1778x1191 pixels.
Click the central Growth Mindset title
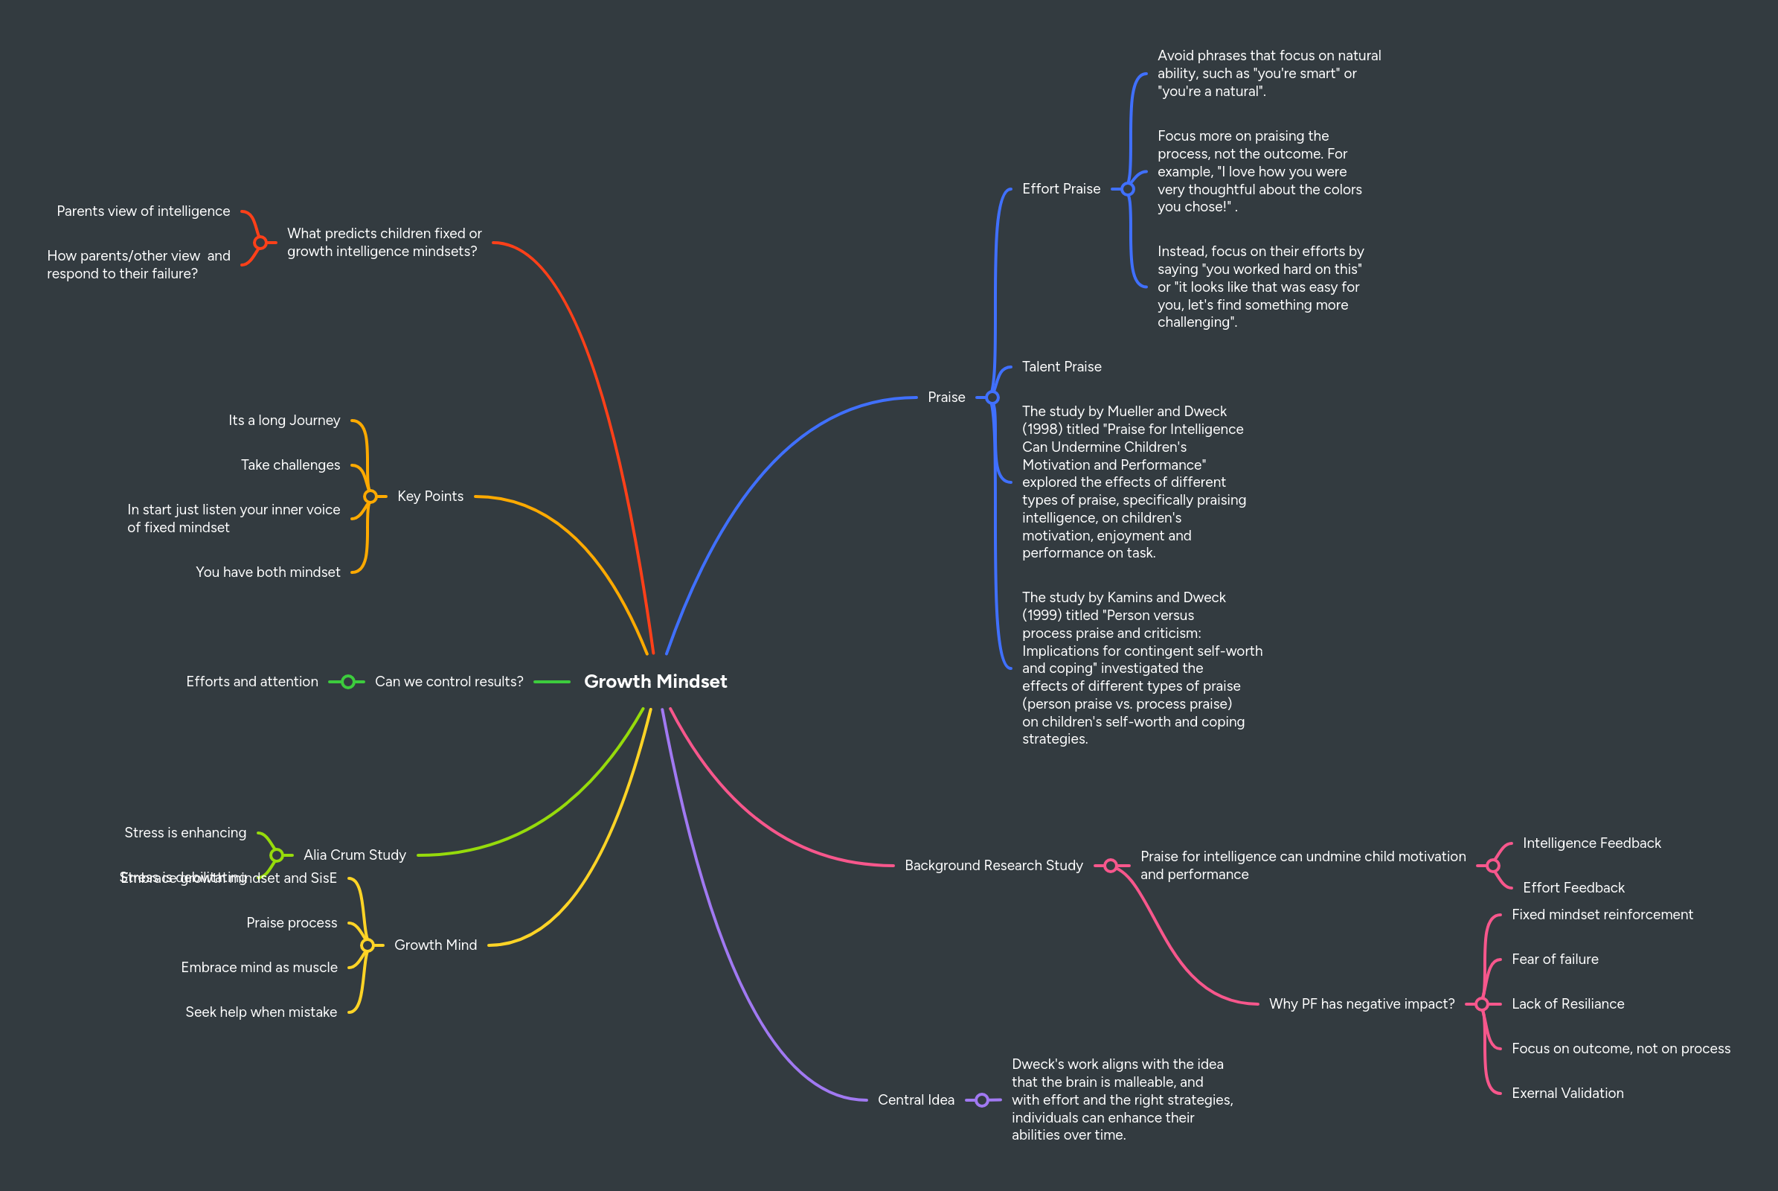click(x=655, y=681)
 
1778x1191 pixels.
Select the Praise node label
click(x=946, y=397)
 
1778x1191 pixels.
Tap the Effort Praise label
click(x=1061, y=188)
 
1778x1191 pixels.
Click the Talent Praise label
click(x=1062, y=367)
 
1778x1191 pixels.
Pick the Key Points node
click(x=430, y=496)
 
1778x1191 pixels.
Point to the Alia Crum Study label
click(x=355, y=855)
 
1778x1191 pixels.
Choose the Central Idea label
click(x=916, y=1100)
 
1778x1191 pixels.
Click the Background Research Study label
click(x=993, y=865)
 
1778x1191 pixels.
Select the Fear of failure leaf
click(x=1554, y=959)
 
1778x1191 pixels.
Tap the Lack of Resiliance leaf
click(x=1567, y=1004)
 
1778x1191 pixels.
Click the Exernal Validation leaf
click(x=1567, y=1093)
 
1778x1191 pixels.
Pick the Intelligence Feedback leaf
click(x=1591, y=843)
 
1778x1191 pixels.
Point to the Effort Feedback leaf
click(x=1573, y=888)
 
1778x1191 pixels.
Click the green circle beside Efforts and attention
click(x=347, y=682)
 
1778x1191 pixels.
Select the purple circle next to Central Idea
click(x=982, y=1100)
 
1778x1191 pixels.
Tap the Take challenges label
click(x=290, y=464)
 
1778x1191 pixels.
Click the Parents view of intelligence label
click(x=143, y=211)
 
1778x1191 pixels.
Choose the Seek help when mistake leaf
click(x=260, y=1012)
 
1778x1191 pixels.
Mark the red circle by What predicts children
click(x=260, y=243)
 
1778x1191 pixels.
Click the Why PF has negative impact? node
click(x=1361, y=1004)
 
